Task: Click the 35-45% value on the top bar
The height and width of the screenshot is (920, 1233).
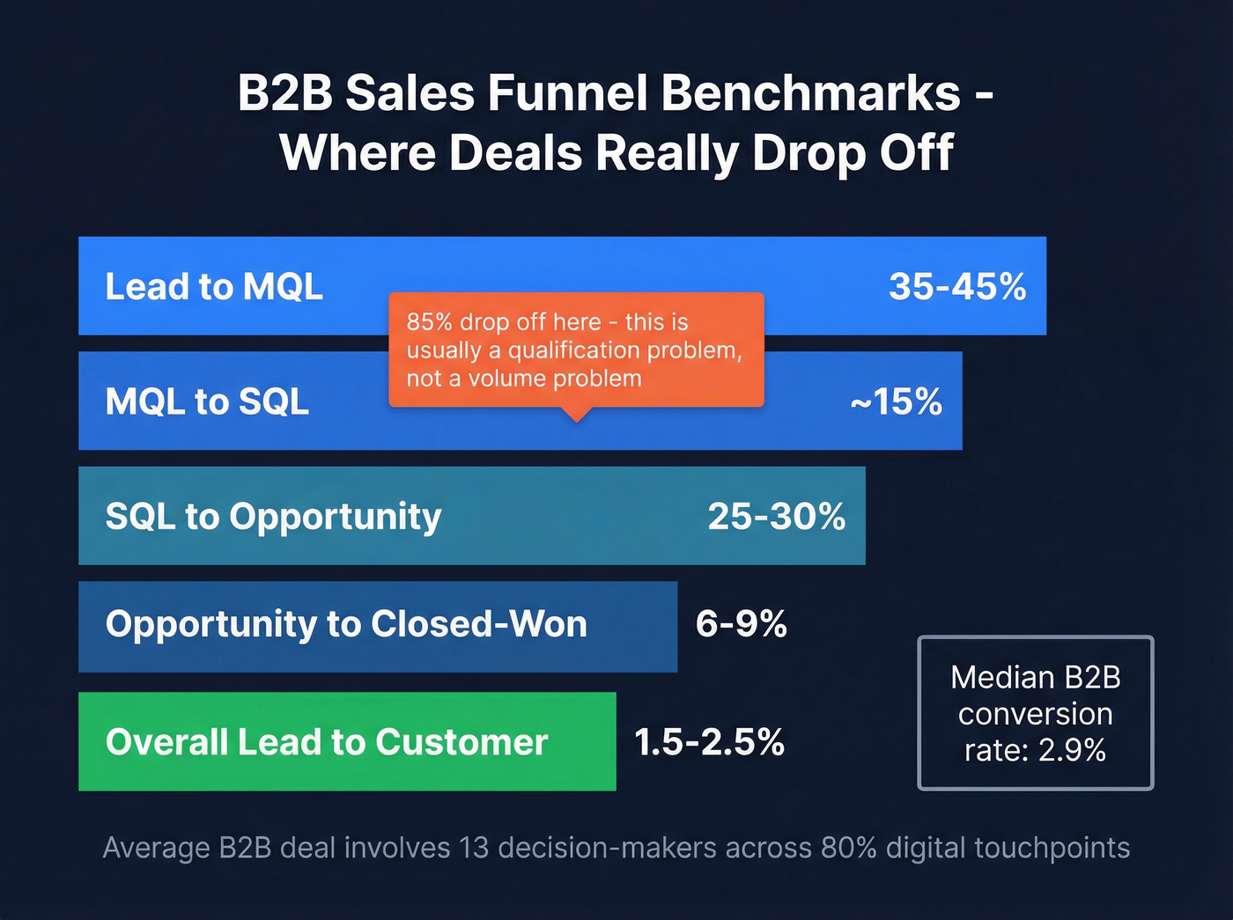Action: pos(957,287)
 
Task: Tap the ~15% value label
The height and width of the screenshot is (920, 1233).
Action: pos(897,402)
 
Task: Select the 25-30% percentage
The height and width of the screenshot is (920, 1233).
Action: pos(776,517)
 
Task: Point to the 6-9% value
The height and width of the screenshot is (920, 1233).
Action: pos(741,624)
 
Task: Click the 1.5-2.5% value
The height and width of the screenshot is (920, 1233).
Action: pos(709,742)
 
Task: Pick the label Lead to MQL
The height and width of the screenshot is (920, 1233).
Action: pos(214,287)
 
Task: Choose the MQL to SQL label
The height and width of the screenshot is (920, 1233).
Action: pos(207,402)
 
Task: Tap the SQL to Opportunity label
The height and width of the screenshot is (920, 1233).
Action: pos(273,517)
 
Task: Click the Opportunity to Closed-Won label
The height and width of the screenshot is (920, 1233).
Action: pos(346,624)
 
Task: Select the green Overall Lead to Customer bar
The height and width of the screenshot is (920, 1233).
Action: pos(347,742)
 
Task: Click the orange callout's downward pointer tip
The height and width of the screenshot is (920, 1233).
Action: pos(576,419)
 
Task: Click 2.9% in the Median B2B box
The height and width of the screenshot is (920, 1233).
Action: pos(1071,750)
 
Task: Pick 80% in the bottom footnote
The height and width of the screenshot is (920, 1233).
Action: pos(848,848)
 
